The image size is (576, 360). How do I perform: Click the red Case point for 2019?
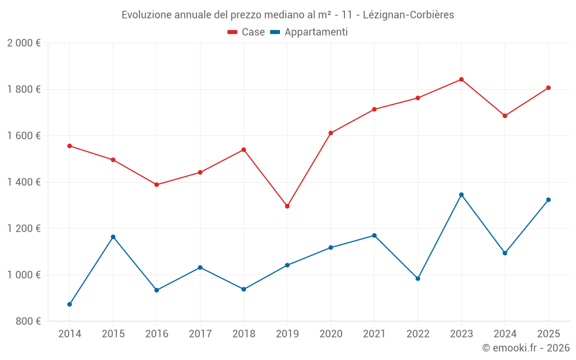point(287,206)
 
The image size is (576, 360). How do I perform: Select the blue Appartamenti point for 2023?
point(461,195)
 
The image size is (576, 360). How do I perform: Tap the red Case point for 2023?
point(461,79)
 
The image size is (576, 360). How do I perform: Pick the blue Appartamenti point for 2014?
point(70,304)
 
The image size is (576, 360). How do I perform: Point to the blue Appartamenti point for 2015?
point(113,237)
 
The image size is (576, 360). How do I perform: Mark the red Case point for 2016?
point(157,185)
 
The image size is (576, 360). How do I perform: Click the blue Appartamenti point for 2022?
point(418,279)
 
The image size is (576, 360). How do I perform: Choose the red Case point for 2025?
point(548,88)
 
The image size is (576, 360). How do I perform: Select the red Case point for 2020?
point(331,133)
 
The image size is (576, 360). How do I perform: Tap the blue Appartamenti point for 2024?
point(505,253)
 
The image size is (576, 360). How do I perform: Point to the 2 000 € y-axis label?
point(24,43)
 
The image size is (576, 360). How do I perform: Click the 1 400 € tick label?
point(24,182)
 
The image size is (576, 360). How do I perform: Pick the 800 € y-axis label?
point(27,321)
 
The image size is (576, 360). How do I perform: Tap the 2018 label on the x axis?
point(244,334)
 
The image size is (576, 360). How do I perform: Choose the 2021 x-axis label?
point(374,334)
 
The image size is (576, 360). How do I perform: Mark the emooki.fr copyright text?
point(525,348)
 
